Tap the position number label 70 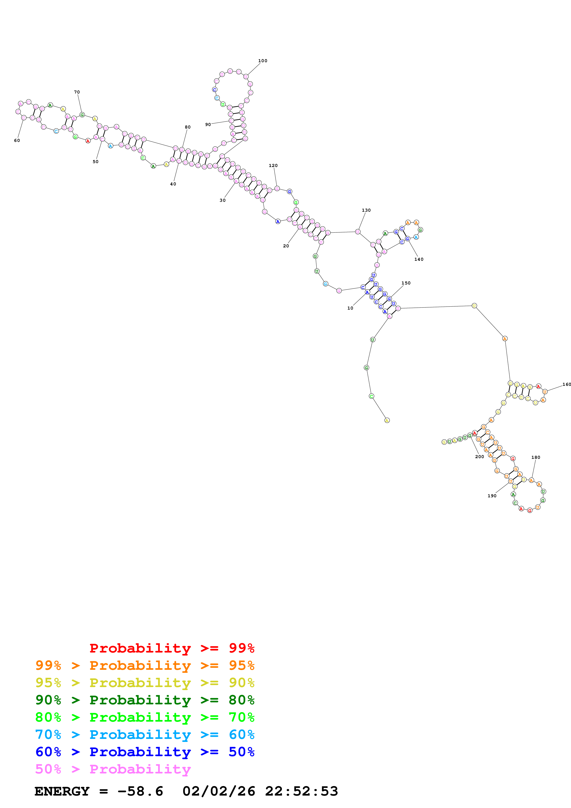pos(77,92)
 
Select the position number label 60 pos(17,141)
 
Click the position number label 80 pos(187,127)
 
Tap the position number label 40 pos(173,184)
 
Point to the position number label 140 pos(419,259)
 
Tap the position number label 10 pos(350,308)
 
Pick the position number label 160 pos(566,384)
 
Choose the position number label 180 pos(536,457)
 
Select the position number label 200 pos(480,457)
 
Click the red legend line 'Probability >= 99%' pos(172,648)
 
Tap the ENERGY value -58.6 pos(140,791)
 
